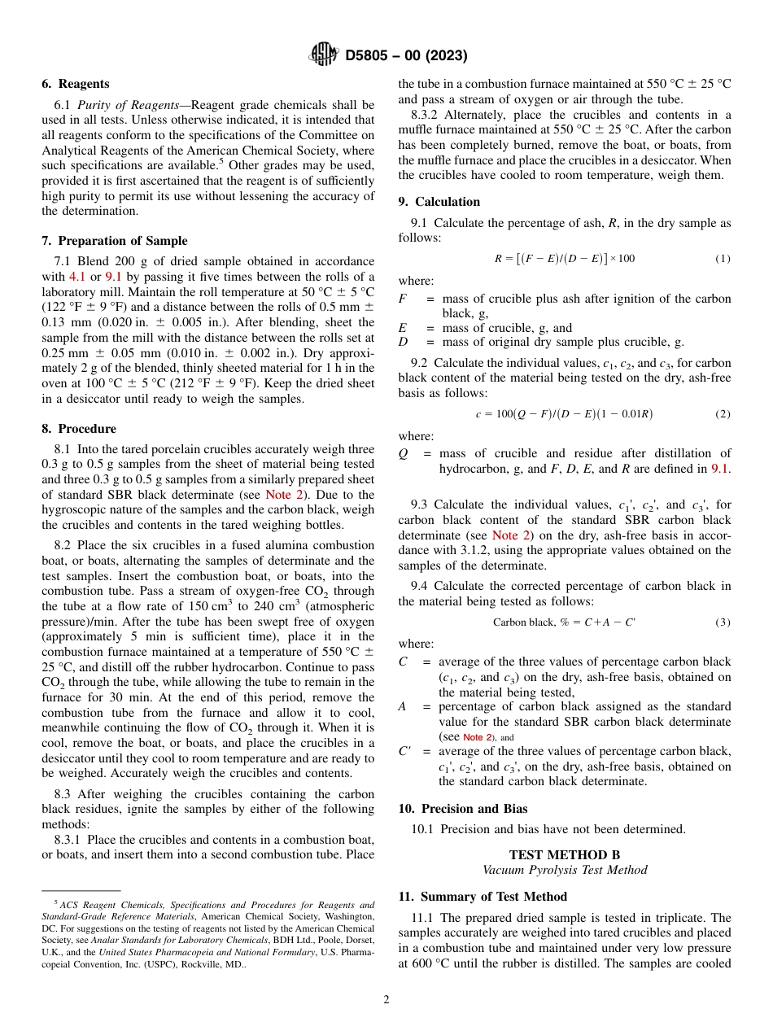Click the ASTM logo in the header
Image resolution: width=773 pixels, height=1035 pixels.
click(323, 55)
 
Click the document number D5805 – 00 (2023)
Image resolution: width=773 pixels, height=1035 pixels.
click(406, 56)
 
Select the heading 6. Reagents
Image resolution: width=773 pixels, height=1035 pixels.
click(75, 84)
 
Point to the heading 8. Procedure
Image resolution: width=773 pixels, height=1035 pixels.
click(78, 429)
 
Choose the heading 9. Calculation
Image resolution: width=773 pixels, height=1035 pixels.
click(439, 202)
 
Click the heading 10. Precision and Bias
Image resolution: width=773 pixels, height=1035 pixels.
click(462, 809)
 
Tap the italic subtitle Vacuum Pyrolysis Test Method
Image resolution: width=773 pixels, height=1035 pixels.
click(564, 870)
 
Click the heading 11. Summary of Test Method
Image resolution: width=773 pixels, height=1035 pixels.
click(483, 897)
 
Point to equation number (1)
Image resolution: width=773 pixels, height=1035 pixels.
click(723, 259)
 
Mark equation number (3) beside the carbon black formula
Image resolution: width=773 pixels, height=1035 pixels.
click(723, 622)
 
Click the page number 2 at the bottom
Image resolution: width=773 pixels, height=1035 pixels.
click(386, 1000)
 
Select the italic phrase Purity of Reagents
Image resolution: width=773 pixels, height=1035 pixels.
click(116, 105)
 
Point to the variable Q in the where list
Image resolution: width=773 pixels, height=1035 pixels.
click(403, 453)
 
